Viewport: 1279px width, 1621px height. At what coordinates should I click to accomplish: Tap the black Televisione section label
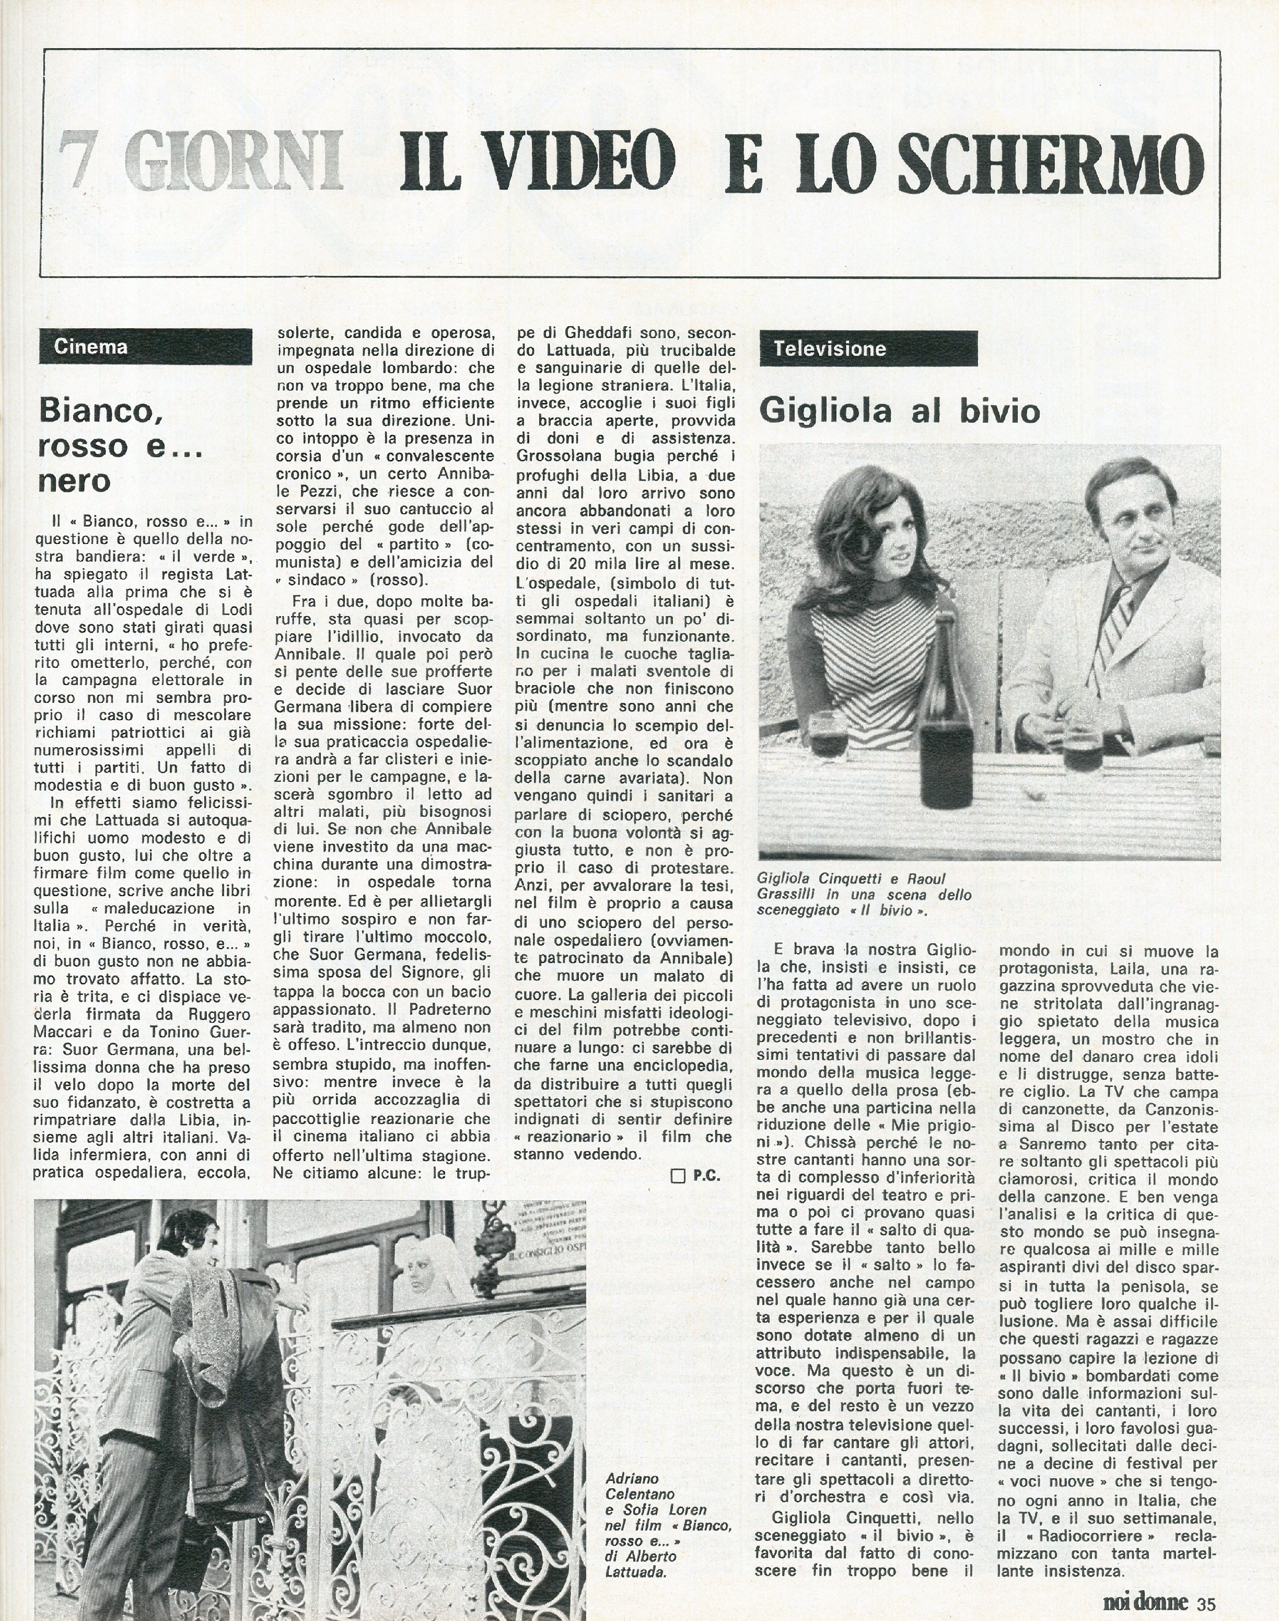coord(869,349)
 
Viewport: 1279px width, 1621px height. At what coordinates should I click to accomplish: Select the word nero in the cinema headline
coord(74,480)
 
